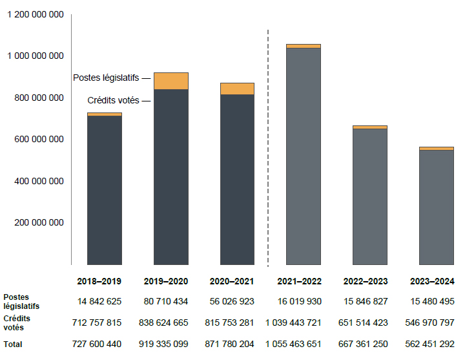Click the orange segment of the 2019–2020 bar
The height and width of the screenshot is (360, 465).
[170, 81]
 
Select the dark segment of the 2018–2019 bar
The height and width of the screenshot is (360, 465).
[105, 190]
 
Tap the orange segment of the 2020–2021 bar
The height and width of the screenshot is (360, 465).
[237, 89]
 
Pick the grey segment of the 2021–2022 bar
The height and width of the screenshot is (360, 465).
[303, 156]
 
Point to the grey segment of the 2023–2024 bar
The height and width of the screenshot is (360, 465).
[436, 207]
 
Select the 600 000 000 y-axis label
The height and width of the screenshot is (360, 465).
[39, 139]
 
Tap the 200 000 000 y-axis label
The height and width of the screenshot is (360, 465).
[39, 222]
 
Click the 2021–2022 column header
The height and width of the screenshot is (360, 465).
[300, 282]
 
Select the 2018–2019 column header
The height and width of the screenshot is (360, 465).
[99, 282]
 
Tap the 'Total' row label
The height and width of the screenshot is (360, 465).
[12, 344]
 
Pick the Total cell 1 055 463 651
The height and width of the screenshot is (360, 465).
[294, 344]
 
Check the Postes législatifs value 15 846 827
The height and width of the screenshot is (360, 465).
[365, 301]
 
